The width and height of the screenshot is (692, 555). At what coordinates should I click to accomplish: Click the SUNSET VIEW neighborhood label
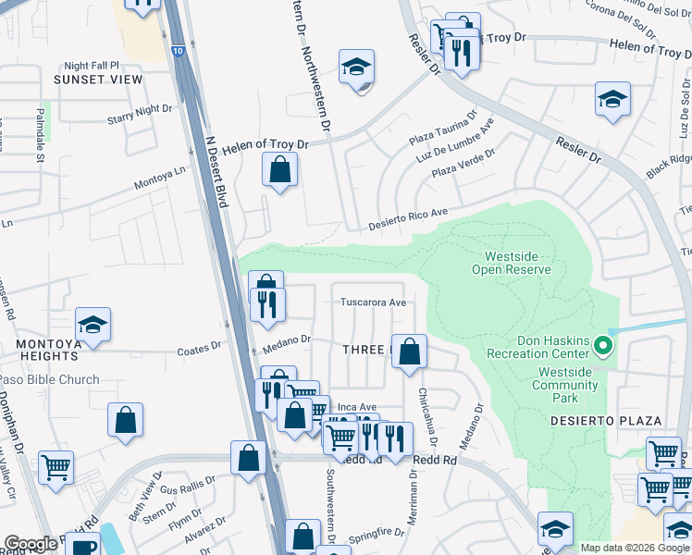pos(98,80)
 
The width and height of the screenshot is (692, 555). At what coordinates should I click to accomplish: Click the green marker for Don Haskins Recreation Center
pos(603,347)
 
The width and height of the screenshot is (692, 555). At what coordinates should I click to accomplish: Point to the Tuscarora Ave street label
pos(373,302)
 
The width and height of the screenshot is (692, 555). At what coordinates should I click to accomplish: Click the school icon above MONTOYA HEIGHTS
pos(93,325)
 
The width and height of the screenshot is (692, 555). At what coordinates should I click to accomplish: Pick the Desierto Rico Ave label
pos(408,219)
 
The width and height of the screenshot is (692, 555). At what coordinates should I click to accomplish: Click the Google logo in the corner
pos(31,545)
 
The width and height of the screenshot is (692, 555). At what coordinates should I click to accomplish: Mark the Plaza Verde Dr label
pos(457,164)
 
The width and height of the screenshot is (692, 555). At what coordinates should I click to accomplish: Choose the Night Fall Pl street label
pos(92,66)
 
